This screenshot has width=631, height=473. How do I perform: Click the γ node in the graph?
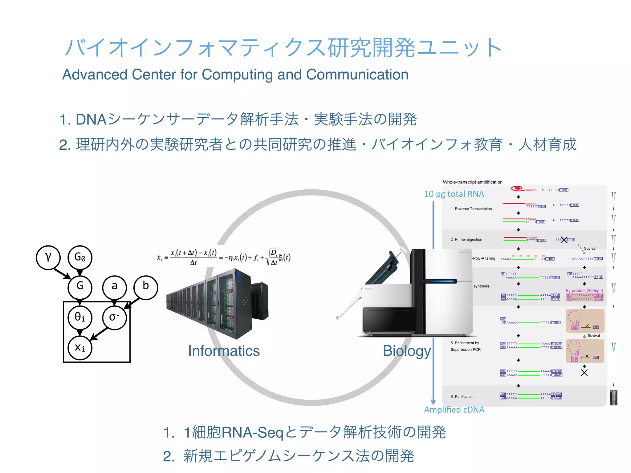click(x=48, y=257)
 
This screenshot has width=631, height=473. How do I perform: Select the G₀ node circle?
click(x=80, y=257)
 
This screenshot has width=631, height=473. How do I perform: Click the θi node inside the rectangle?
click(x=80, y=317)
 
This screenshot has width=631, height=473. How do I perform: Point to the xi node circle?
click(x=80, y=348)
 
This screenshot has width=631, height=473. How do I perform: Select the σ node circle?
click(x=114, y=317)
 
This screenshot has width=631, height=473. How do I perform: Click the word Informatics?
click(x=224, y=351)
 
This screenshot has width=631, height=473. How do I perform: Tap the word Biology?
click(x=407, y=351)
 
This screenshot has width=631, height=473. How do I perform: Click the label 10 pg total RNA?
click(x=454, y=194)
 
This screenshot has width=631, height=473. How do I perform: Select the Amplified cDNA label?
click(x=454, y=410)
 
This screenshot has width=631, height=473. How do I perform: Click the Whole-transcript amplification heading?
click(x=472, y=182)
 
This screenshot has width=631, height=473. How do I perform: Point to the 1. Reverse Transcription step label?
click(x=471, y=209)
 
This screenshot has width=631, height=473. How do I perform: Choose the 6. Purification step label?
click(x=462, y=397)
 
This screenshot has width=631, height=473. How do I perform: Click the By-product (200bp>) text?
click(x=584, y=290)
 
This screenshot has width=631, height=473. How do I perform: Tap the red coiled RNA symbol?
click(x=517, y=188)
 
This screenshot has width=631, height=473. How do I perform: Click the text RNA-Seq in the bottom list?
click(x=252, y=433)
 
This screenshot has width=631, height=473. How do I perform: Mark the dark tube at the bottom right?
click(x=613, y=398)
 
